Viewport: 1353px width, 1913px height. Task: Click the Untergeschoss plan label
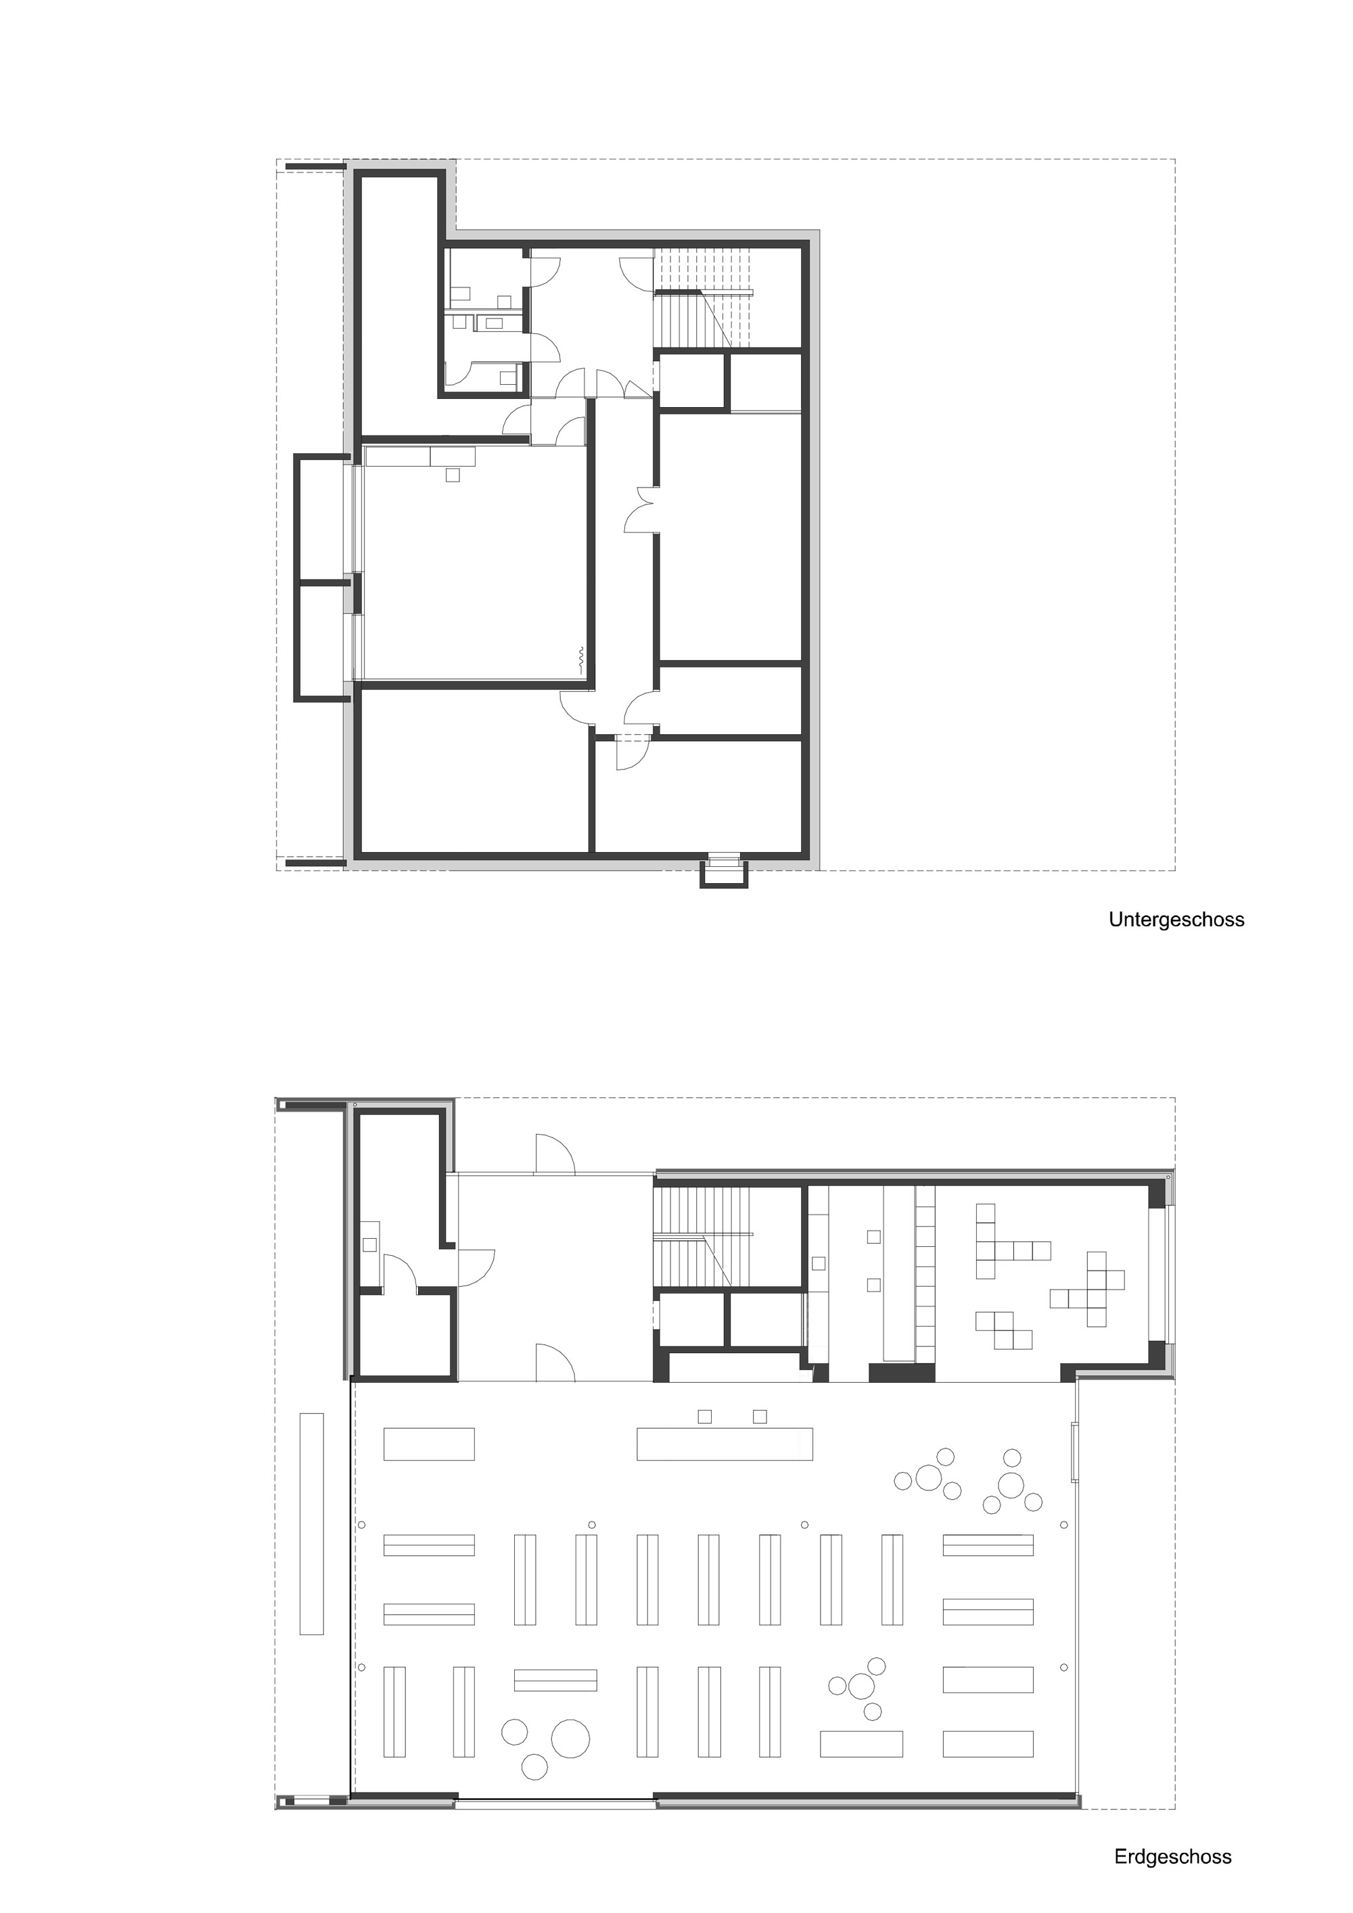point(1176,920)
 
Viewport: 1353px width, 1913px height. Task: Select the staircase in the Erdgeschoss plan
point(703,1237)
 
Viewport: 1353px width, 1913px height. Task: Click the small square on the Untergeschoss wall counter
point(453,475)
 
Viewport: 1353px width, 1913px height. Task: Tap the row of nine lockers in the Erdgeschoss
point(925,1272)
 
